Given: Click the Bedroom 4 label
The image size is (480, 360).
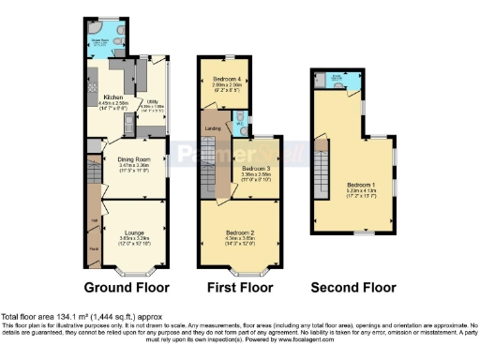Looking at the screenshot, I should pyautogui.click(x=227, y=79).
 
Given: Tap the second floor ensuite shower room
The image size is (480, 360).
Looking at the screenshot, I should pyautogui.click(x=340, y=83).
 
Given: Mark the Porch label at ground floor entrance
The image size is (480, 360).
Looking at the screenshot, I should pyautogui.click(x=94, y=248).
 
